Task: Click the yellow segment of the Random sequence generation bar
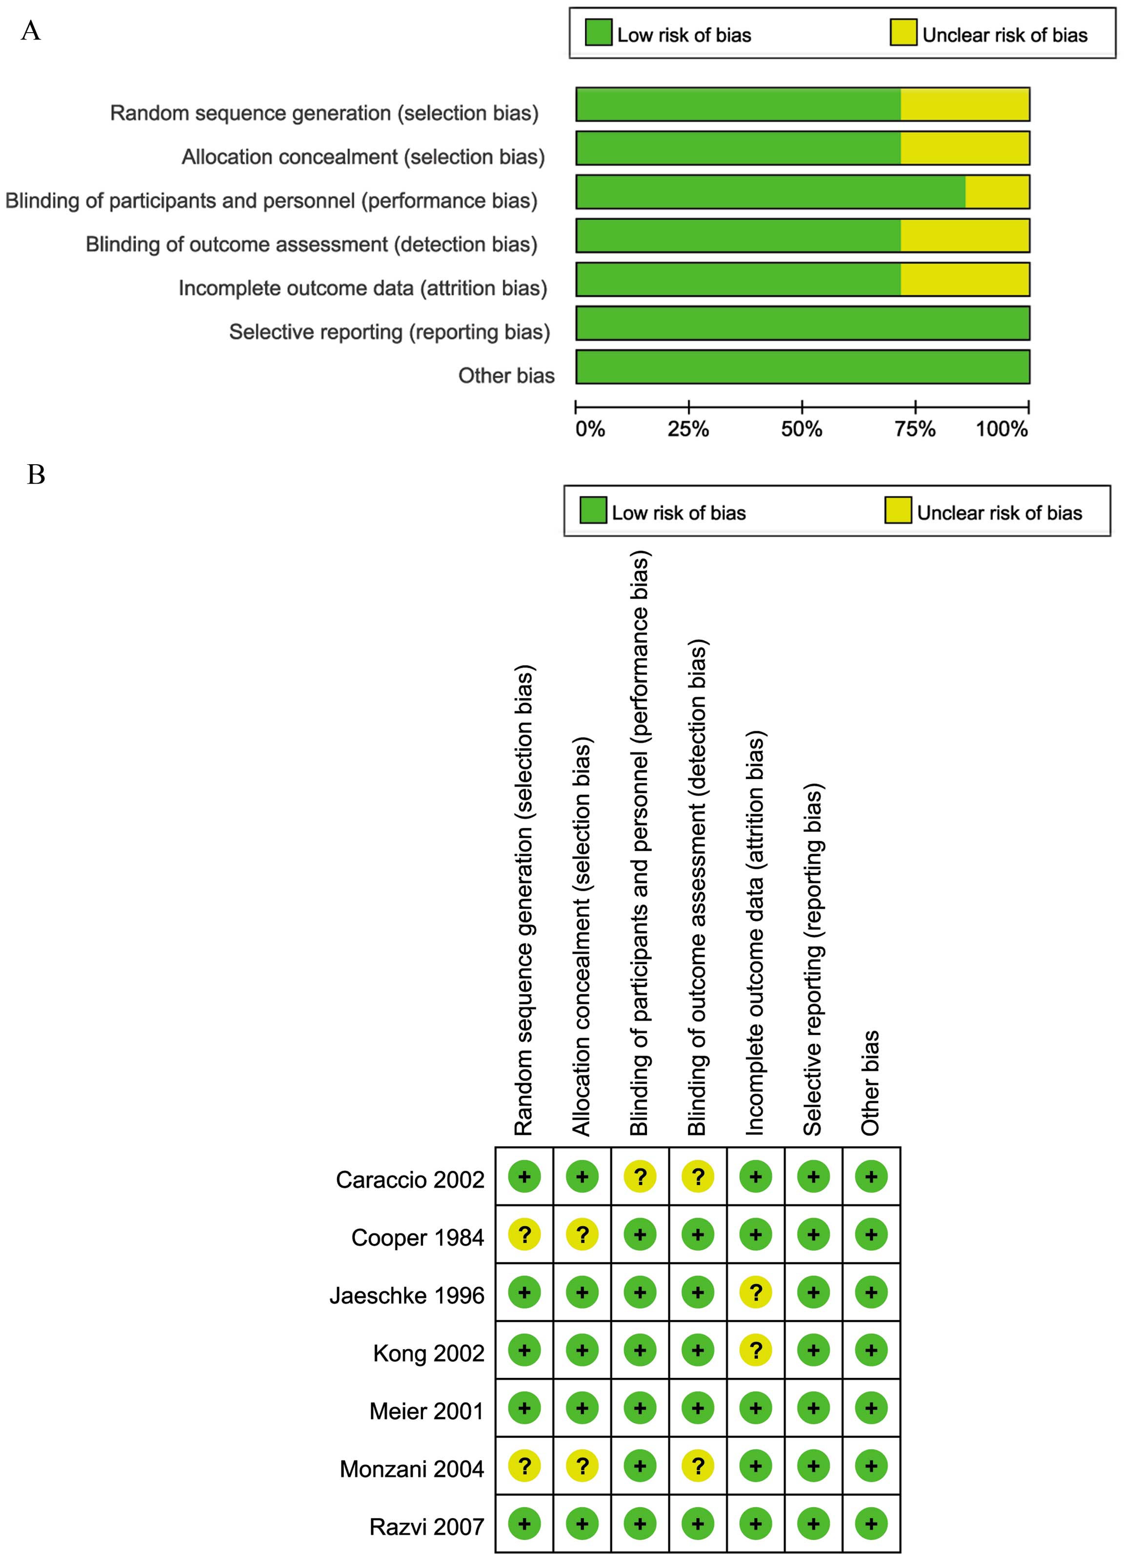coord(965,104)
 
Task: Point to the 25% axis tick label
coord(688,429)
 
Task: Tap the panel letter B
coord(36,474)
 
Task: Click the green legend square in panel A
coord(598,33)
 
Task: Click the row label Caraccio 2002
coord(410,1180)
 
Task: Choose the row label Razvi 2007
coord(426,1527)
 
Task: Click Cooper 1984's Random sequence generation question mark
coord(524,1234)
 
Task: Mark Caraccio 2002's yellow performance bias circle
coord(640,1177)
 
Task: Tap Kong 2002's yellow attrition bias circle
coord(756,1350)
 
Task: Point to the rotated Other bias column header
coord(870,1083)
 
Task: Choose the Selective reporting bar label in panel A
coord(390,332)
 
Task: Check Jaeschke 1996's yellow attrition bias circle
coord(756,1293)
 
